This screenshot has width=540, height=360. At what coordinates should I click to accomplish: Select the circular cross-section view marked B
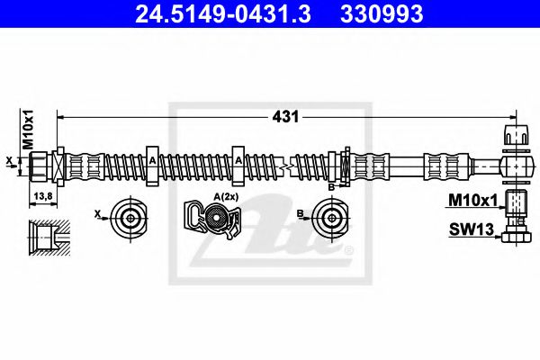[x=328, y=216]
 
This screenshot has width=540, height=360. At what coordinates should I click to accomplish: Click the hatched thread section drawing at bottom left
[x=47, y=236]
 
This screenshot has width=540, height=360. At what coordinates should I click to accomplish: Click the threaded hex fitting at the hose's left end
[x=40, y=165]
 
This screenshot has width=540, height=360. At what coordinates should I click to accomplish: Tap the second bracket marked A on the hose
[x=238, y=164]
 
